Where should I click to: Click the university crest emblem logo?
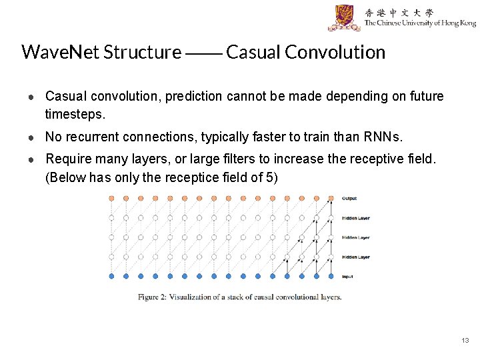[344, 17]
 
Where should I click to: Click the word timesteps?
[75, 114]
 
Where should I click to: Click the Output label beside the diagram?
[349, 198]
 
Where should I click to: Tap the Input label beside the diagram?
[348, 276]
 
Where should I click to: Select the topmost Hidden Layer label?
[355, 218]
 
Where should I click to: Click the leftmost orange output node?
[111, 198]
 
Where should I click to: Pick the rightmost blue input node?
[330, 275]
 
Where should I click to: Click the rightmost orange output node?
[330, 198]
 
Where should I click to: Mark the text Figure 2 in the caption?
[153, 297]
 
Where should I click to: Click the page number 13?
[465, 341]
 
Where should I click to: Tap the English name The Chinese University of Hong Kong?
[420, 23]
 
